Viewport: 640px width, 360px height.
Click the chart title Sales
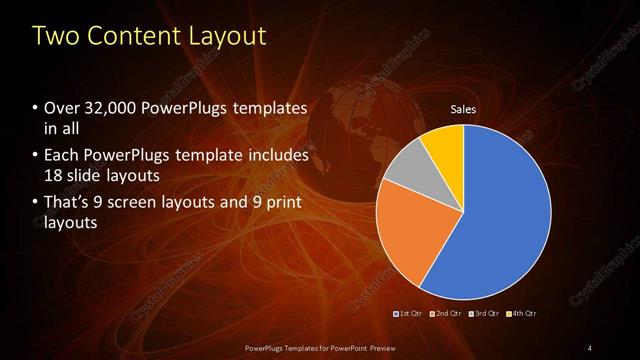[462, 108]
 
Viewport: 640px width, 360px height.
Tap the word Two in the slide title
[53, 37]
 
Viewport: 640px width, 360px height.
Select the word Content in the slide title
[126, 37]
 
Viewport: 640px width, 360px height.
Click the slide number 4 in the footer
[590, 347]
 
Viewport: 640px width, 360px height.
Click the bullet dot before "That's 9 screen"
[36, 203]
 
